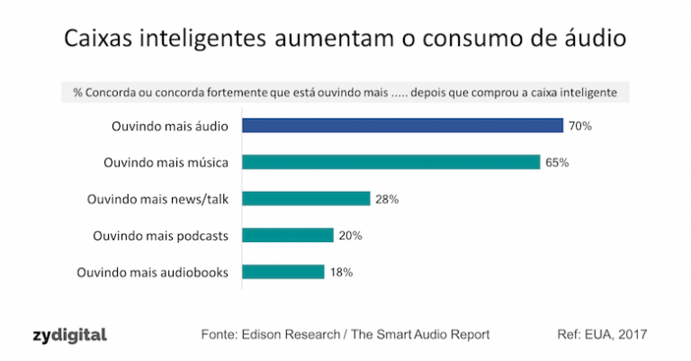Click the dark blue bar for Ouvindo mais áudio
(402, 126)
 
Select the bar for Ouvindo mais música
(390, 162)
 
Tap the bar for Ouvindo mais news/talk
(306, 198)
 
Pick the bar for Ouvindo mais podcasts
(287, 235)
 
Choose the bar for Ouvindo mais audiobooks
(283, 271)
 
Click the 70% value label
(580, 126)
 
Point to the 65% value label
(557, 163)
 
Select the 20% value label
(351, 235)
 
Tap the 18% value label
(341, 271)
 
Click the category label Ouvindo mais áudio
(168, 126)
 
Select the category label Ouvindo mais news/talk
(157, 199)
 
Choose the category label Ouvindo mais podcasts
(161, 235)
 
